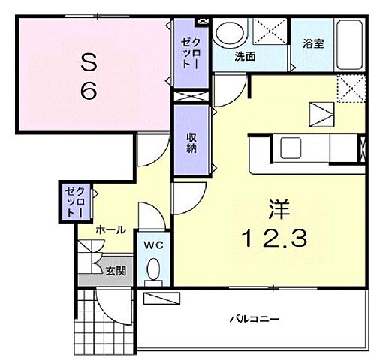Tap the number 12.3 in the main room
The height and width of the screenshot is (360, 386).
pos(273,239)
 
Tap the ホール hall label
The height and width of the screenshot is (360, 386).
pos(110,230)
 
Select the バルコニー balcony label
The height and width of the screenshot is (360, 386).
pos(255,319)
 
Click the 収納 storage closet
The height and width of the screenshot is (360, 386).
pos(192,142)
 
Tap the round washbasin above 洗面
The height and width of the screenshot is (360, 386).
pos(228,33)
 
